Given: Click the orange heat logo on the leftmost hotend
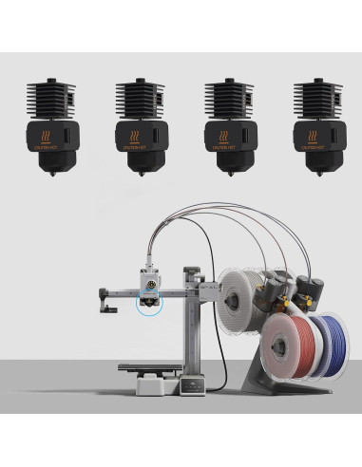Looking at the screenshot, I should [x=49, y=135].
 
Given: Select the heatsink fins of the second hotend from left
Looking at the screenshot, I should [x=139, y=99].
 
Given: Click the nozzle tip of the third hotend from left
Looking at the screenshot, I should [x=229, y=176].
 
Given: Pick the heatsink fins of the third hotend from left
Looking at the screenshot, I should [x=227, y=99].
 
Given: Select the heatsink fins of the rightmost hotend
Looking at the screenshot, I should [x=316, y=99].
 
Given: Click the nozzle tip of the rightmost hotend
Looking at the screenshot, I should [x=317, y=176].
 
